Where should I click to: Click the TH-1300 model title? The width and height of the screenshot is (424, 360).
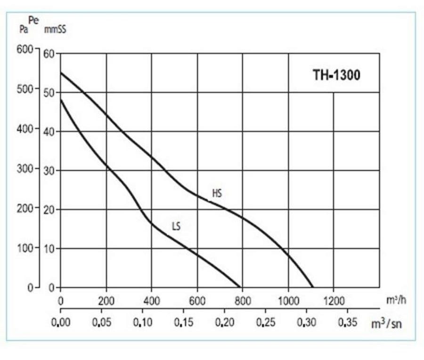point(336,75)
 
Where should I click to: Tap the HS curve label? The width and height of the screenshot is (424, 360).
point(217,193)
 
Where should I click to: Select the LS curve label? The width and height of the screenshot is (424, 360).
point(176,227)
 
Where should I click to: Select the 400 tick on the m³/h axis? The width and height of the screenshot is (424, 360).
point(151,300)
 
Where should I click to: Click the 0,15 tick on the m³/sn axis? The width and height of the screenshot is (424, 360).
point(183,324)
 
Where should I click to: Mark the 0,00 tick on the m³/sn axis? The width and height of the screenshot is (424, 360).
point(61,324)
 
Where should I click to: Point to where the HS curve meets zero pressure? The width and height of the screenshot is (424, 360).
point(312,287)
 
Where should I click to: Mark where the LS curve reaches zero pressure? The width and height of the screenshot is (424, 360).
point(241,287)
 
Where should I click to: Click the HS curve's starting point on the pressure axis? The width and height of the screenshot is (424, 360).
point(61,73)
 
